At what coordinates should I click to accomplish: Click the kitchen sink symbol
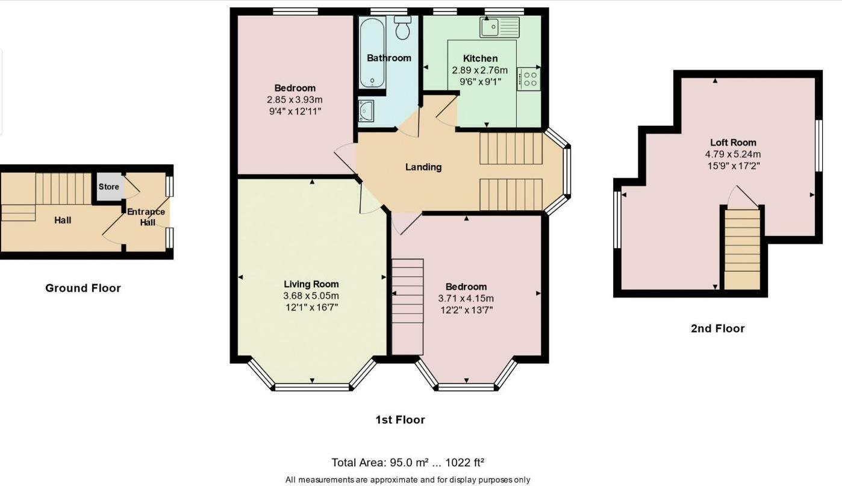(x=499, y=26)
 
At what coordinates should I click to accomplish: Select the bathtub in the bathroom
(x=372, y=52)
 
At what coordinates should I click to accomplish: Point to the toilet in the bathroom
(x=402, y=26)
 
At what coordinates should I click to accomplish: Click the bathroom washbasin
(x=366, y=111)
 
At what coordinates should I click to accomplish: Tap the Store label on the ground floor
(x=109, y=187)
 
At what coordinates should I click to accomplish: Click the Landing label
(x=423, y=167)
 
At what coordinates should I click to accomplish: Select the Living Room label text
(x=311, y=284)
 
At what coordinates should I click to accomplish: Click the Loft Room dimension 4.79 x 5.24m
(x=733, y=154)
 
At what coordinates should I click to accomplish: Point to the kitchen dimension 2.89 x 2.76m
(x=480, y=70)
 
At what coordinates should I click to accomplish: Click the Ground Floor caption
(x=83, y=288)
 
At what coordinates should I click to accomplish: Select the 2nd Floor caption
(x=717, y=328)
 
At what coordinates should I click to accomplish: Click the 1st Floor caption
(x=400, y=420)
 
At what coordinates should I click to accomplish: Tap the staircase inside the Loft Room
(x=742, y=248)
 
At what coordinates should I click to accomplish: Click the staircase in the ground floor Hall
(x=63, y=189)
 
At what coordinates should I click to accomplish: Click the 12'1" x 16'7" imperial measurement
(x=311, y=307)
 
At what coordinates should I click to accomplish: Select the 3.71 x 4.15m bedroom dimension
(x=466, y=298)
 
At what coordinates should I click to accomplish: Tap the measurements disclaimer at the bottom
(x=408, y=480)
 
